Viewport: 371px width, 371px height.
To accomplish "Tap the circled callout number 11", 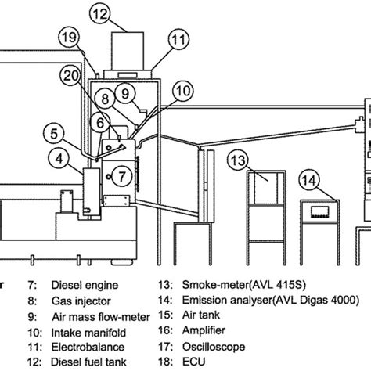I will tap(179, 37).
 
